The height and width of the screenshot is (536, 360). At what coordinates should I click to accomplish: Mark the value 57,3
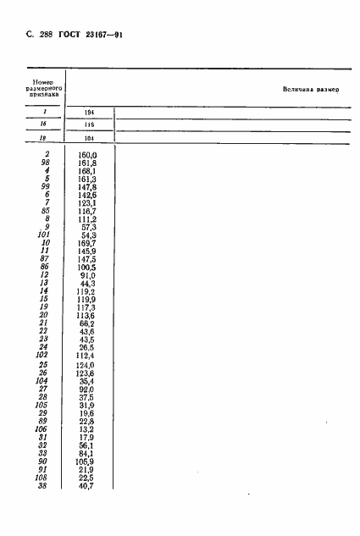click(x=90, y=226)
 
